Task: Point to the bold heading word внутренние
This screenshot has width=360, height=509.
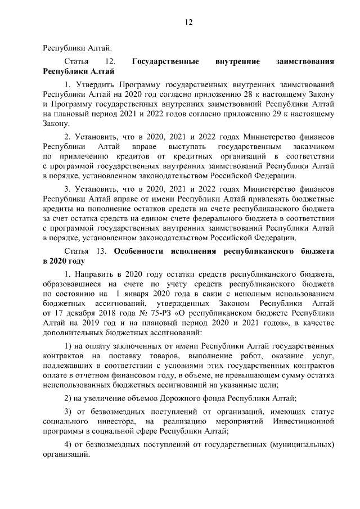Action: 237,61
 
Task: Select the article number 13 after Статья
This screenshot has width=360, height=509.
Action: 101,250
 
